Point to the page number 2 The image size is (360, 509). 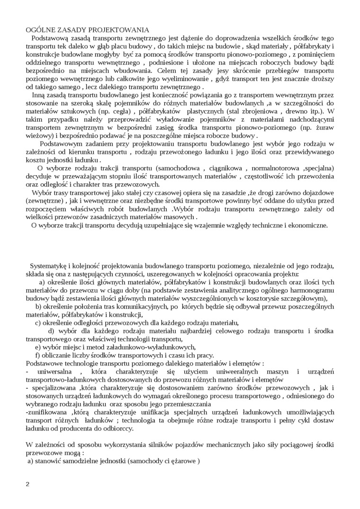pos(27,484)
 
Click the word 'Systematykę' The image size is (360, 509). pos(50,266)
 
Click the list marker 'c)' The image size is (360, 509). pos(38,323)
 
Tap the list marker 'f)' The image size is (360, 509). pos(38,355)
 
